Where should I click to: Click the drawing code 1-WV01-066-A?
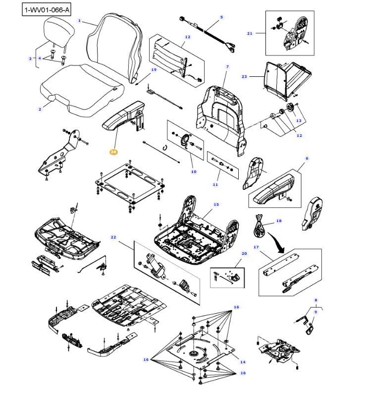coord(47,9)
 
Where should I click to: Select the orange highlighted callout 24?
coord(113,152)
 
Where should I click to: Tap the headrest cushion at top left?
coord(59,33)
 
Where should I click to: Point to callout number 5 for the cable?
coord(221,17)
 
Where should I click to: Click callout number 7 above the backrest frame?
coord(227,66)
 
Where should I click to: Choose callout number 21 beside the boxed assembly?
coord(250,33)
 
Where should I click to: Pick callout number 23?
coord(244,76)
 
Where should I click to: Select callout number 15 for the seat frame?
coord(216,204)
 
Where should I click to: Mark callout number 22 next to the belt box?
coord(113,237)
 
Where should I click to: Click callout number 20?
coord(244,253)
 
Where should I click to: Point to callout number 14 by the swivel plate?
coord(243,362)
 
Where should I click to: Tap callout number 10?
coord(194,172)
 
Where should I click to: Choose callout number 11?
coord(215,184)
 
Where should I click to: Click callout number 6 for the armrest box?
coord(307,158)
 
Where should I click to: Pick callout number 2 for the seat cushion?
coord(40,109)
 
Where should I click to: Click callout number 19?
coord(154,70)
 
